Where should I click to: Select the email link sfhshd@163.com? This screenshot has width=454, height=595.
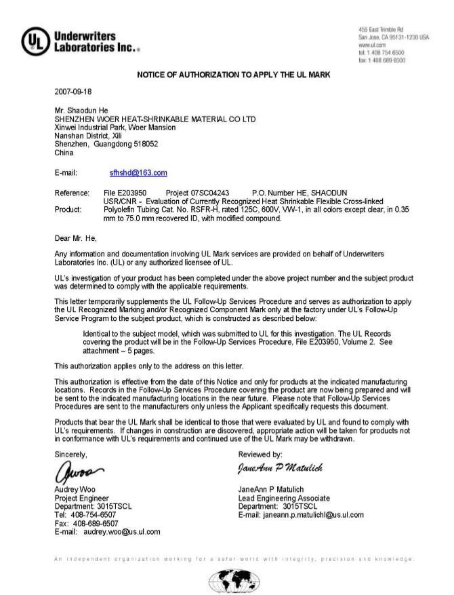click(138, 173)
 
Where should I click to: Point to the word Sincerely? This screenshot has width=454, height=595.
click(70, 454)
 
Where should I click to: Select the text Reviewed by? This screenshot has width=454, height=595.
click(261, 454)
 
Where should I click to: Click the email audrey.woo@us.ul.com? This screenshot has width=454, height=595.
click(122, 532)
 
